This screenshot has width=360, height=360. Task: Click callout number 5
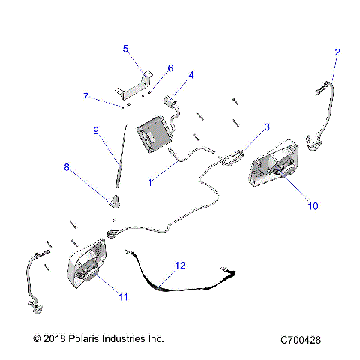pyautogui.click(x=126, y=49)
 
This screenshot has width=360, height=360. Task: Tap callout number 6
pyautogui.click(x=169, y=68)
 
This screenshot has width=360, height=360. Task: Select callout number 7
pyautogui.click(x=86, y=97)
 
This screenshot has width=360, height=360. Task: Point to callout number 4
pyautogui.click(x=191, y=75)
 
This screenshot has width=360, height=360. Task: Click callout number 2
pyautogui.click(x=337, y=52)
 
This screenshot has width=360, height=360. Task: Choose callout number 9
pyautogui.click(x=96, y=130)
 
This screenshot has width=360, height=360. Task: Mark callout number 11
pyautogui.click(x=123, y=296)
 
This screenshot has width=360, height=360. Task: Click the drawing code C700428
pyautogui.click(x=299, y=340)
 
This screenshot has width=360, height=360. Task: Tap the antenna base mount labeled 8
pyautogui.click(x=114, y=201)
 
